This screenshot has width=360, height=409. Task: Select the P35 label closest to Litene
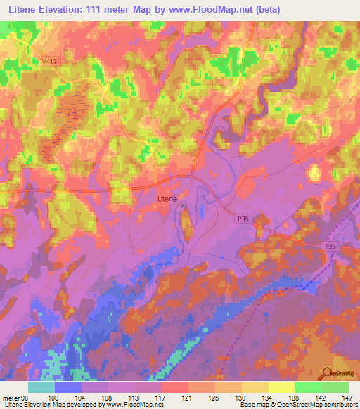[x=242, y=219]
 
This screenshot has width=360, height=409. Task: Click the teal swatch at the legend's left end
[x=41, y=387]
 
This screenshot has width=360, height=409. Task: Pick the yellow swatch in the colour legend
[x=281, y=387]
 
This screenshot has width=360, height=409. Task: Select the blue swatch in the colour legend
[x=68, y=387]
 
